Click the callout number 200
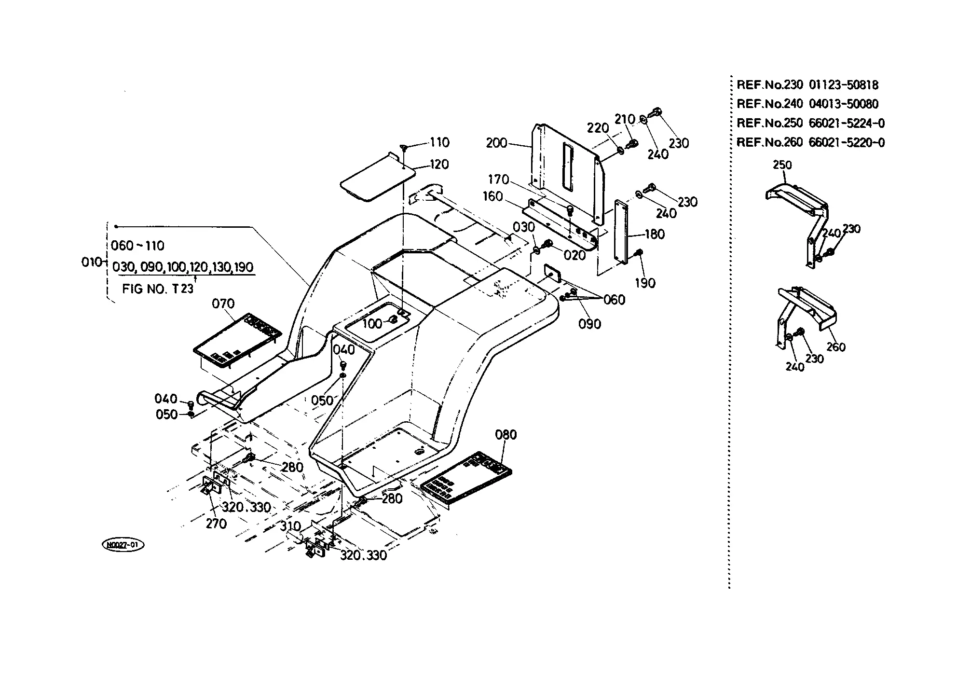(x=496, y=143)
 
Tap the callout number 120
(x=439, y=165)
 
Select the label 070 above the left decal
(x=223, y=304)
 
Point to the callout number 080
(x=506, y=435)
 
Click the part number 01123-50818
(x=844, y=85)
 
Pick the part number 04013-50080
(x=844, y=104)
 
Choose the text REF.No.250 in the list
(x=770, y=123)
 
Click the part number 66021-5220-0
(x=847, y=142)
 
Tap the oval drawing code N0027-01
(x=123, y=545)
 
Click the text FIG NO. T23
(x=158, y=289)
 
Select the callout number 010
(x=92, y=263)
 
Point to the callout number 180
(x=655, y=235)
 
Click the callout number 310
(x=290, y=526)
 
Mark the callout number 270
(x=216, y=524)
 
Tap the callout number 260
(x=836, y=347)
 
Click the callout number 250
(x=782, y=165)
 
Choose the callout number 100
(x=372, y=323)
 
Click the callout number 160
(x=492, y=197)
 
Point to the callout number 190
(x=645, y=283)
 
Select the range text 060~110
(x=137, y=246)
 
